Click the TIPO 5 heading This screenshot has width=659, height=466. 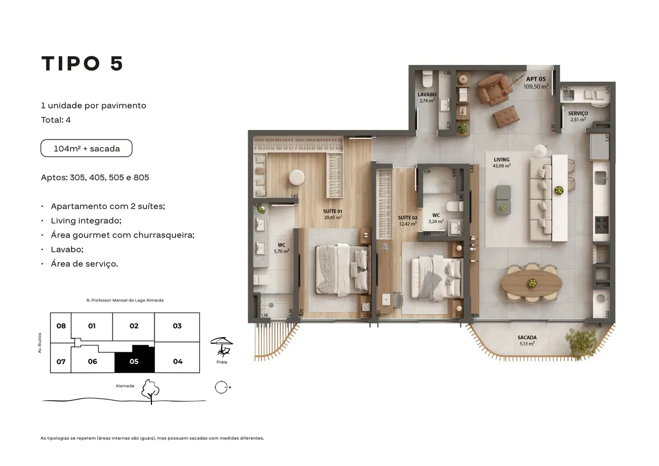click(x=82, y=63)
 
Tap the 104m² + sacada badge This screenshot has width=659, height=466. click(x=86, y=148)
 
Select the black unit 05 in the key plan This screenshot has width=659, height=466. click(x=134, y=360)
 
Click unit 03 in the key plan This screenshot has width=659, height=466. click(x=177, y=326)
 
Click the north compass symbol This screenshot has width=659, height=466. click(x=221, y=387)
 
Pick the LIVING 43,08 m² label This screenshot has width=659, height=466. click(x=501, y=163)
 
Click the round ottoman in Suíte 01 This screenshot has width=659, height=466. click(x=297, y=177)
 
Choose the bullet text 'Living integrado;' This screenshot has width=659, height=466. click(x=86, y=220)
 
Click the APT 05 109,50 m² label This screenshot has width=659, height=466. click(x=535, y=83)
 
